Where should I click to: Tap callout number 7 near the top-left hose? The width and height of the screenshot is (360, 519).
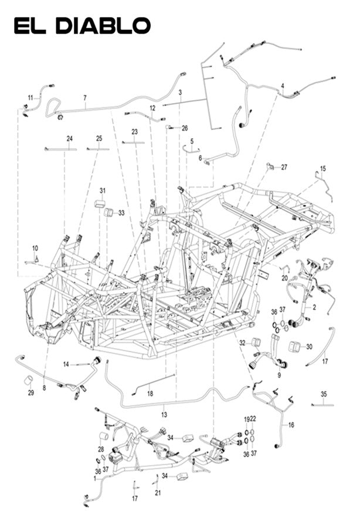coord(85,97)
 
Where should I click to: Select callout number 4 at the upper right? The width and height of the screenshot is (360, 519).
coord(282,86)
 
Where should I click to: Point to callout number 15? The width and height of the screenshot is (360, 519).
coord(322,169)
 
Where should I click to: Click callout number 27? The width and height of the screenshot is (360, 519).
coord(284,167)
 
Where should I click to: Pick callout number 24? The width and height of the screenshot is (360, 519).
coord(69,138)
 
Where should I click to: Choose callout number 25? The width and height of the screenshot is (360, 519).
coord(99,138)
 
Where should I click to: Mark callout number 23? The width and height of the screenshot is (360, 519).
coord(134,132)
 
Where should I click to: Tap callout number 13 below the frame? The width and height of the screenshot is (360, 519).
coord(164,415)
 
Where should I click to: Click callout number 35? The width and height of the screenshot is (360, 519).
coord(323,393)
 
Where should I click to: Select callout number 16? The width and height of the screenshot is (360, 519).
coord(291,424)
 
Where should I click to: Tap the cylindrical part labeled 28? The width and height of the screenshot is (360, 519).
coord(102,436)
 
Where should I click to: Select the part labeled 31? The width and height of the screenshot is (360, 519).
coord(100,203)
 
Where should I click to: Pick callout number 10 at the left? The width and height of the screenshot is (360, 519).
coord(35,248)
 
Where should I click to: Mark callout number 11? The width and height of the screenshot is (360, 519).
coord(30,97)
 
